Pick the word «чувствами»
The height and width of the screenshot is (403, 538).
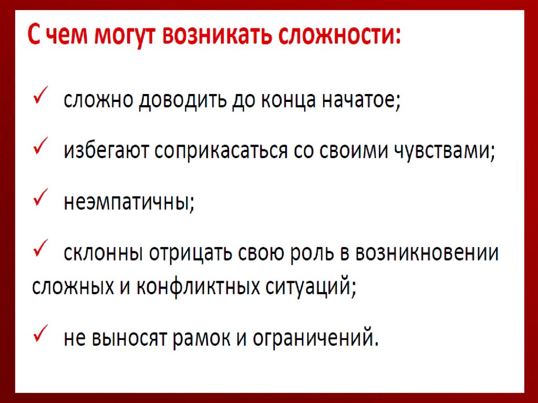[x=449, y=151]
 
